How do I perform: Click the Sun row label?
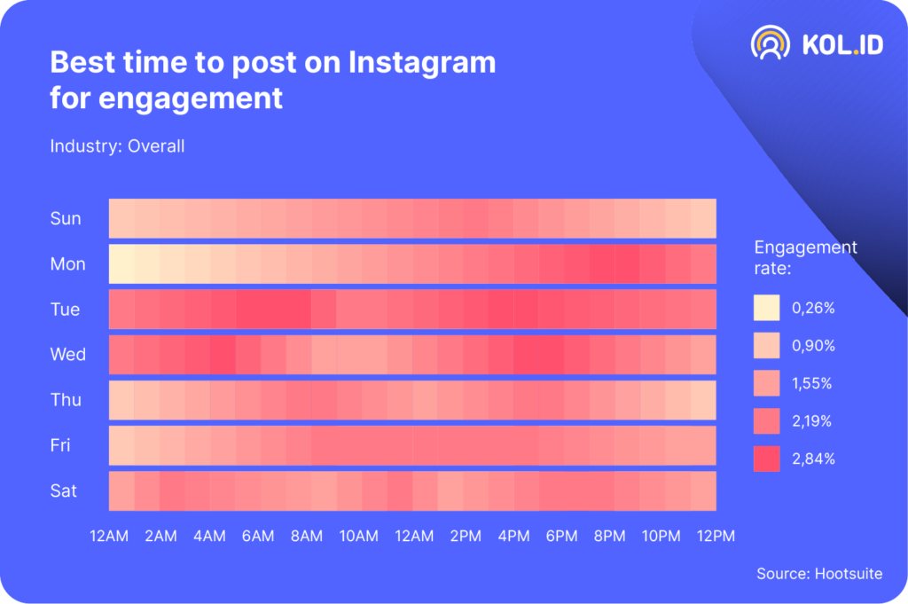(x=66, y=219)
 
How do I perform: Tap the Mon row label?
(x=67, y=264)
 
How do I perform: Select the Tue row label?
(x=66, y=310)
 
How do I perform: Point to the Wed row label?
(x=68, y=355)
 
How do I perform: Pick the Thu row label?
(x=66, y=400)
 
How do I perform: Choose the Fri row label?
(x=60, y=445)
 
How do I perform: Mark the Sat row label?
(x=64, y=490)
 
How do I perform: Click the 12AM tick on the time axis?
(x=110, y=536)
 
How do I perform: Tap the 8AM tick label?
(x=307, y=536)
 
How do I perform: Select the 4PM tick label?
(x=513, y=536)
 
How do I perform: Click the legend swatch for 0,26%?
(x=766, y=308)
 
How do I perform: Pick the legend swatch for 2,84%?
(x=766, y=459)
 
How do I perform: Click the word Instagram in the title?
(x=422, y=63)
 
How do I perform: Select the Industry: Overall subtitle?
(x=117, y=145)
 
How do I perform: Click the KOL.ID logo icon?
(x=771, y=43)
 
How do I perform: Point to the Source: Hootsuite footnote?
(x=819, y=574)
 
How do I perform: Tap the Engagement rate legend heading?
(x=805, y=256)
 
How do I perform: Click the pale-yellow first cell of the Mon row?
(x=121, y=264)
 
